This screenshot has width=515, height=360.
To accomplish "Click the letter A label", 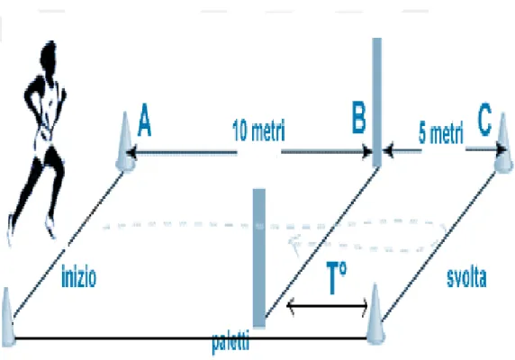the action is coord(145,120).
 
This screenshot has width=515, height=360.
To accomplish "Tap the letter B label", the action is coord(358,117).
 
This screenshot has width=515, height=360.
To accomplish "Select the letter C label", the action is coord(484,120).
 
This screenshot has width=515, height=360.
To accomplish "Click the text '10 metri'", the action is coord(258,130).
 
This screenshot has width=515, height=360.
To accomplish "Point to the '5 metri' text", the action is coord(441,133).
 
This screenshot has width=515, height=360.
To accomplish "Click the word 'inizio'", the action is coord(79,277).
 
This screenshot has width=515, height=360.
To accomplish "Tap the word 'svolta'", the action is coord(466,277).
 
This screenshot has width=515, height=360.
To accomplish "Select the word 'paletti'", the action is coord(230,342).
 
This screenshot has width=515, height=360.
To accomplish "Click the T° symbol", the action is coord(337,278).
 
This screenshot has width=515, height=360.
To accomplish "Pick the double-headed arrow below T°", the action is coord(328,306).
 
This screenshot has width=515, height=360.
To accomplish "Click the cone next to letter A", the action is coord(125,142).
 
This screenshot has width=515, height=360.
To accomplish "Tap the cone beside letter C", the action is coord(503,143).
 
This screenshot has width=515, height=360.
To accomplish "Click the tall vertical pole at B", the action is coord(376,102).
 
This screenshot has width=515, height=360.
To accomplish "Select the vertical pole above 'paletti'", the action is coord(258,258).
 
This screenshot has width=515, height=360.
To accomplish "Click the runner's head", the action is coord(50,57).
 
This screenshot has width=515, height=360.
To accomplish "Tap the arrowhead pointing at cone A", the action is coord(131,153).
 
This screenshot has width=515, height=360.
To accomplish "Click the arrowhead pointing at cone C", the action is coord(501,150).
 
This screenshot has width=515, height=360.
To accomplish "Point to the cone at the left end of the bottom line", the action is coord(7,317).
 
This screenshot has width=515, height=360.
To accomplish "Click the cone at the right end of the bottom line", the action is coord(375,314).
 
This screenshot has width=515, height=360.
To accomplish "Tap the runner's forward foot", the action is coord(50,227).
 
